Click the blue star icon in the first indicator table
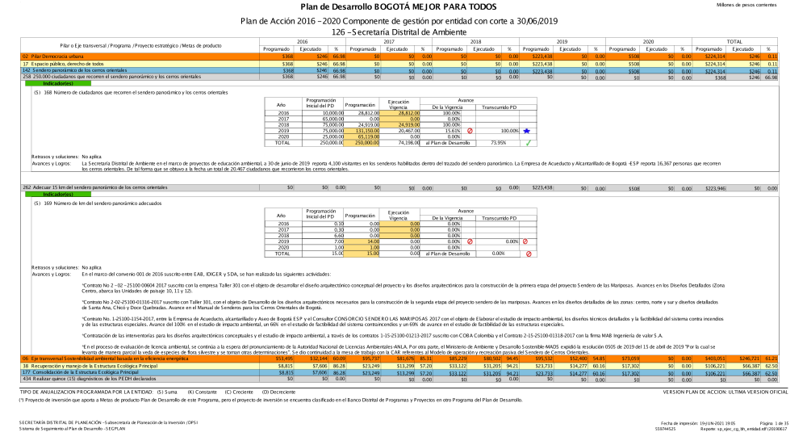[527, 130]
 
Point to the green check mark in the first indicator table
[527, 143]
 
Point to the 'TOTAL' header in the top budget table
[734, 41]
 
